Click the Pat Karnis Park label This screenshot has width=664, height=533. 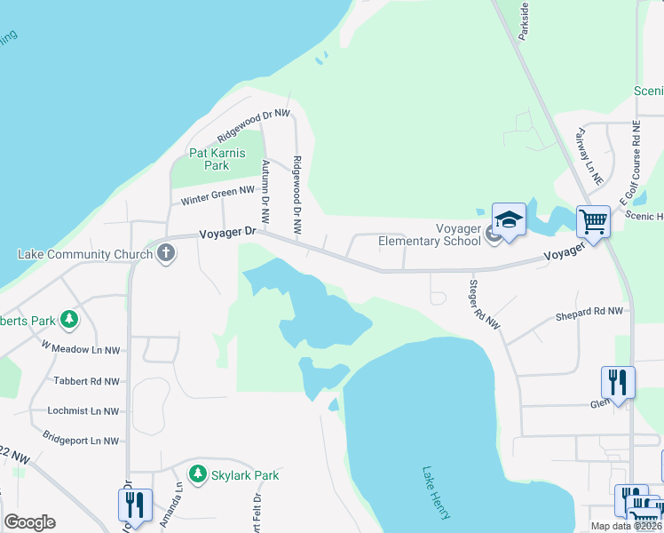[x=209, y=159]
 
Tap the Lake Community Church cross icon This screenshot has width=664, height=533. [x=165, y=254]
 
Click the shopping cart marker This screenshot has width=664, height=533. [x=592, y=220]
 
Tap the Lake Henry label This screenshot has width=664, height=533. [x=437, y=493]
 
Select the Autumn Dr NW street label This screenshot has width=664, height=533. [x=265, y=190]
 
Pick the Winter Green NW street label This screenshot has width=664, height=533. [x=217, y=195]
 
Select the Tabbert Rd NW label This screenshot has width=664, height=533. [x=86, y=381]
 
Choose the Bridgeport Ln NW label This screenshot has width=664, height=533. [x=80, y=441]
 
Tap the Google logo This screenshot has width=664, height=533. [x=29, y=522]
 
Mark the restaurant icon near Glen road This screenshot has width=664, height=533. [x=618, y=382]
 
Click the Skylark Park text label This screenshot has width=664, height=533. [x=245, y=475]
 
